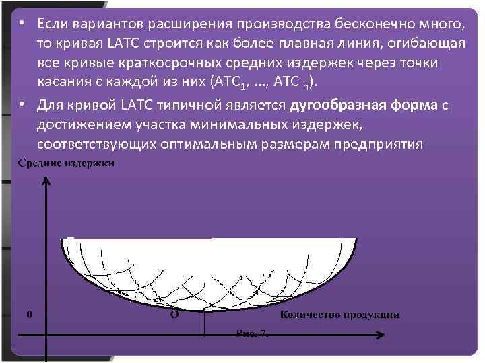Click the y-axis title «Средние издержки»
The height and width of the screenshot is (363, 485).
66,163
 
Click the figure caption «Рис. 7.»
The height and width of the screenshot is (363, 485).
252,333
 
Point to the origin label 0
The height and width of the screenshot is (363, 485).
28,314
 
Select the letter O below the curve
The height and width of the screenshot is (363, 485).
174,314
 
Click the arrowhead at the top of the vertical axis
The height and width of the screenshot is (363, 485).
45,179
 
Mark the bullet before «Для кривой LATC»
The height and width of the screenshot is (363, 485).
23,106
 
